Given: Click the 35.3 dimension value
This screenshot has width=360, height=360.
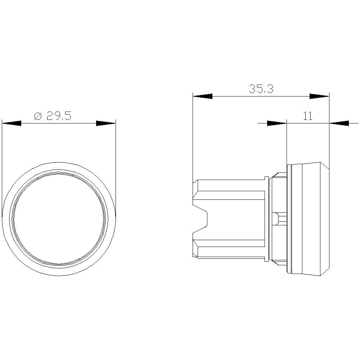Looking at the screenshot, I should click(x=261, y=89).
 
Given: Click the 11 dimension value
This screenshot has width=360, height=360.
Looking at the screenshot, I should click(x=308, y=116).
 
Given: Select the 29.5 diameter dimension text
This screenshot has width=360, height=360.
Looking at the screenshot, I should click(x=58, y=116).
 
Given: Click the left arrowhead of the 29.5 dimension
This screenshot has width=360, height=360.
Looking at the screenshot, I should click(x=12, y=123).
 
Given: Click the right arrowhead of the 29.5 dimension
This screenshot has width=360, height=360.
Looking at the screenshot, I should click(x=106, y=123).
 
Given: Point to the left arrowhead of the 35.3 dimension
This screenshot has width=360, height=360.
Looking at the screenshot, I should click(x=202, y=96).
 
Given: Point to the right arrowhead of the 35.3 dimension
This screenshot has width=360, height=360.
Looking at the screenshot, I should click(x=320, y=96).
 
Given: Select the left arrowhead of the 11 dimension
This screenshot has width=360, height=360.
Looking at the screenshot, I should click(x=276, y=123).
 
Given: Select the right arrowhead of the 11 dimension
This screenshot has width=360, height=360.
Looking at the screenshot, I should click(x=339, y=123).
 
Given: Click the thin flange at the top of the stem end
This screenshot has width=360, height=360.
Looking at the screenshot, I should click(x=266, y=178).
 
